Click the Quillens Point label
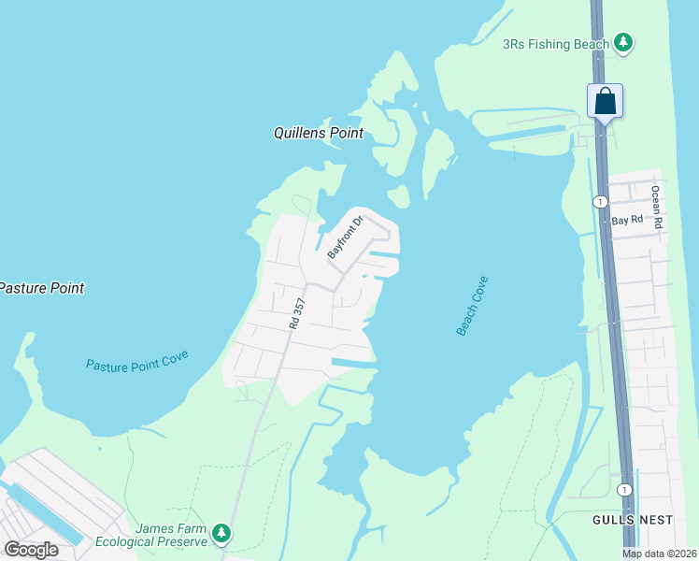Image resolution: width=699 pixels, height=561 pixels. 318,133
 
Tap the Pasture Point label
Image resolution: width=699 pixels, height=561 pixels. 41,288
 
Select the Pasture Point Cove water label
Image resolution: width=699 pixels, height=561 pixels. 137,362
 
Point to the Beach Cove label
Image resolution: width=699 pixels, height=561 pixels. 472,306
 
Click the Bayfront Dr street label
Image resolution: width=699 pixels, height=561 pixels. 344,237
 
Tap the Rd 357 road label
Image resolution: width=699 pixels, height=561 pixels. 297,314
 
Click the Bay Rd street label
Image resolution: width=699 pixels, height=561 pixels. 627,221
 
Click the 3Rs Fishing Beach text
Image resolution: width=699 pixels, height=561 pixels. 556,44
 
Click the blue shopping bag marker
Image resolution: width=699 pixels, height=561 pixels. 605,100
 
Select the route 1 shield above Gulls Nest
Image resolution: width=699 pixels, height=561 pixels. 624,489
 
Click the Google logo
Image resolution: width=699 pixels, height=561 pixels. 32,550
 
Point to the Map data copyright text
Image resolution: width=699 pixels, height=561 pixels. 660,554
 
